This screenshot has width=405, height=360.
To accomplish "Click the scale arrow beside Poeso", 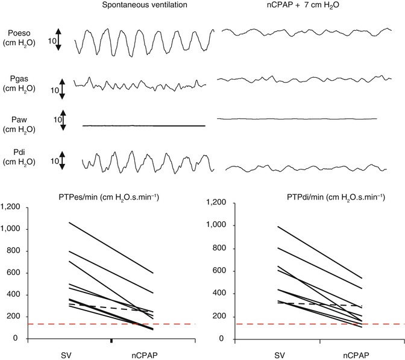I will tap(58, 39).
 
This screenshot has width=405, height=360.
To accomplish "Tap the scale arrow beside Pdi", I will tap(62, 162).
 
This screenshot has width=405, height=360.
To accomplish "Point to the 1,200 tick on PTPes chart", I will tap(12, 207).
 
